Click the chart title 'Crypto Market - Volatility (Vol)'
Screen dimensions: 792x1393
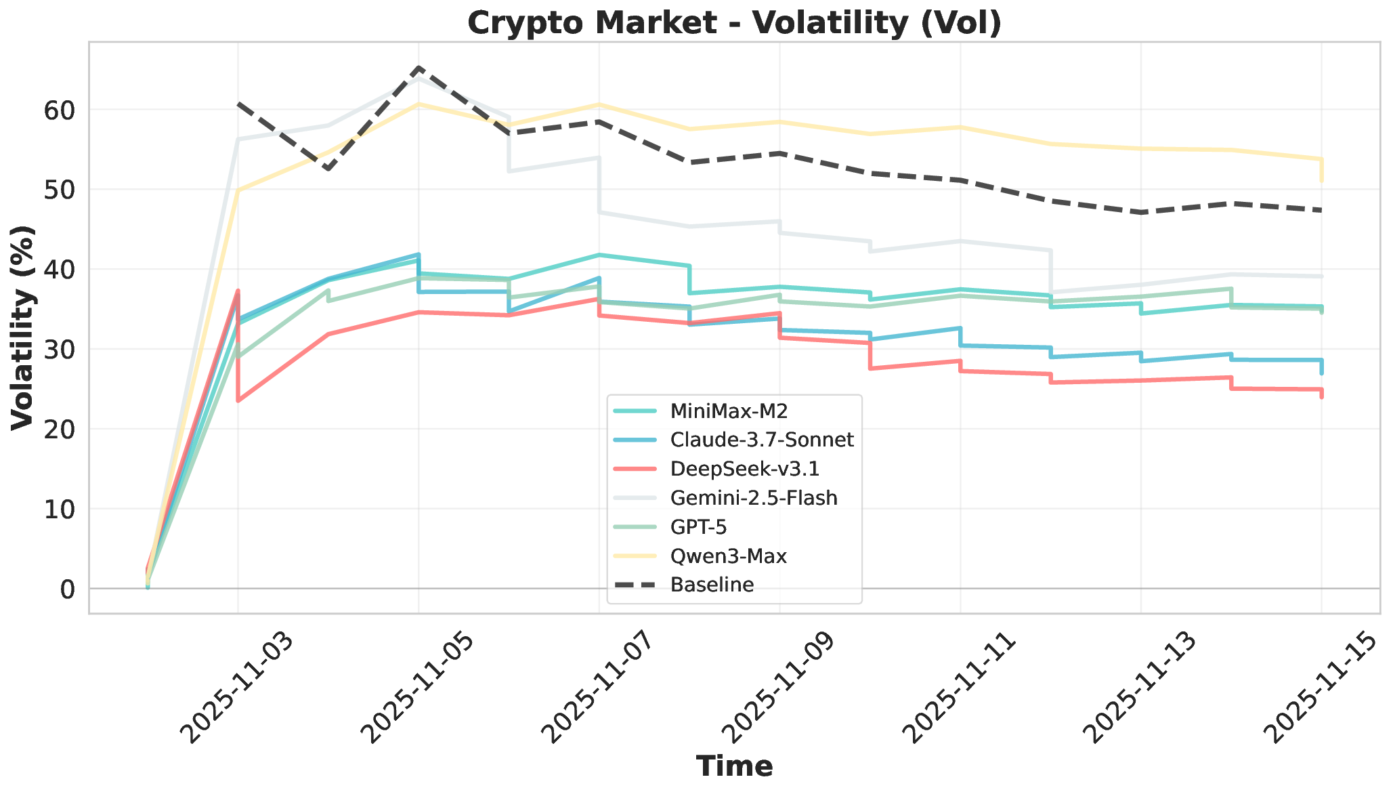coord(734,23)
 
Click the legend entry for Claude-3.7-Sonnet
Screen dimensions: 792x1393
coord(762,440)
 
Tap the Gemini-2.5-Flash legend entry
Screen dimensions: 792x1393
coord(754,498)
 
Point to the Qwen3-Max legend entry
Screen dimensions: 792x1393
coord(728,556)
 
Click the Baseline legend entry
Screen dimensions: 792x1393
coord(712,585)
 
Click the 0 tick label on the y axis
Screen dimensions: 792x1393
coord(66,589)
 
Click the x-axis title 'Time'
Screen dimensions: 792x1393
coord(734,766)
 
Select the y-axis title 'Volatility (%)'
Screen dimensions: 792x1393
coord(23,327)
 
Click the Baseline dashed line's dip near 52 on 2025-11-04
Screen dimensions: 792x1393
coord(328,169)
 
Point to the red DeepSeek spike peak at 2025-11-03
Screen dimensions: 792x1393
coord(238,291)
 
